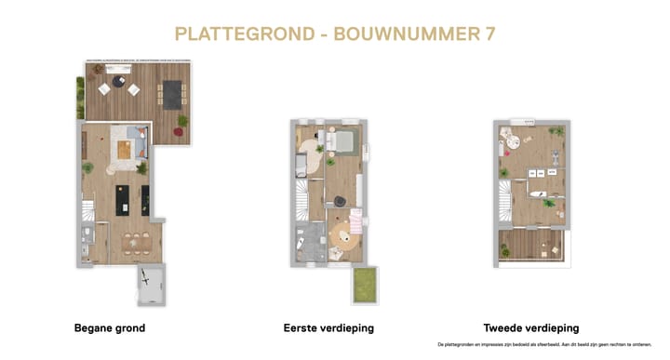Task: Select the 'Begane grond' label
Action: tap(109, 328)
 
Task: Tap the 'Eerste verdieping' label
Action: tap(328, 328)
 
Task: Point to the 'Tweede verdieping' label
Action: tap(531, 328)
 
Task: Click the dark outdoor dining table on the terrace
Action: tap(174, 93)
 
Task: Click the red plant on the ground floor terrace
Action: tap(181, 122)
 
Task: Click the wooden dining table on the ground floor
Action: tap(137, 245)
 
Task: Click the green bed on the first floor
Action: tap(342, 141)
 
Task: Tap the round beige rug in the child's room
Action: tap(345, 237)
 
